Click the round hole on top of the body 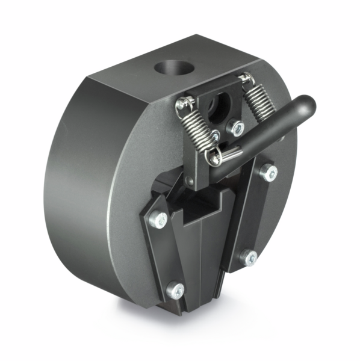pos(174,66)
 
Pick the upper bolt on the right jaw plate pos(268,173)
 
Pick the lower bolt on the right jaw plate pos(250,258)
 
